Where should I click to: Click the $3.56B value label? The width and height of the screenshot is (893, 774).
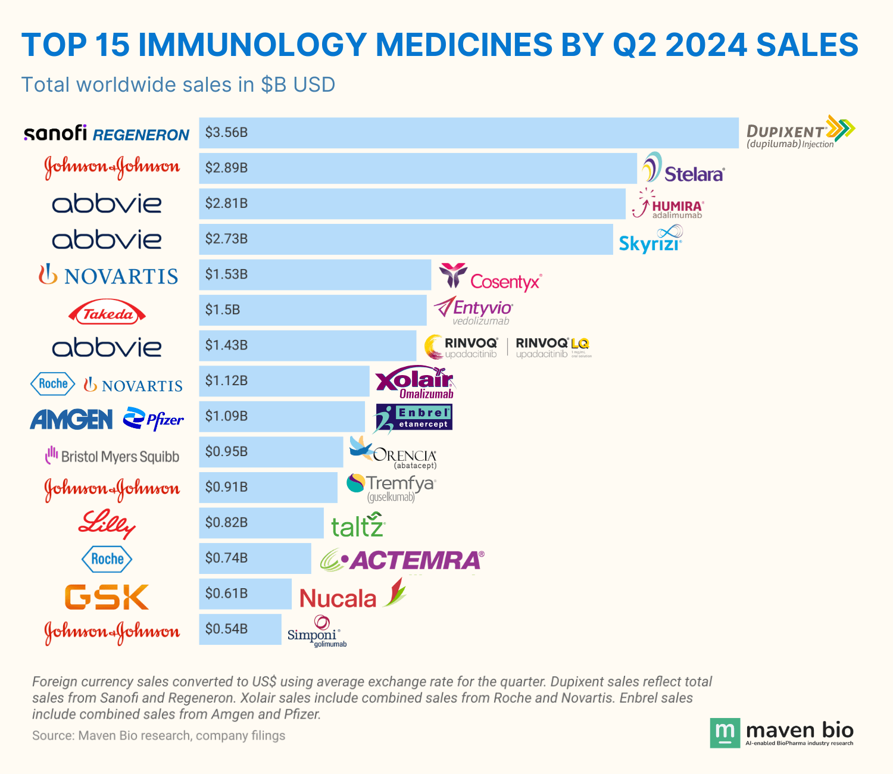[x=226, y=133]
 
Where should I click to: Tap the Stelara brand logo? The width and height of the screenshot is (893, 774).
[x=683, y=168]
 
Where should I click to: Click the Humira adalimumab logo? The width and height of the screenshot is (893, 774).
[x=668, y=204]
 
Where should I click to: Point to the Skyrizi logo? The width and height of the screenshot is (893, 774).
[x=651, y=240]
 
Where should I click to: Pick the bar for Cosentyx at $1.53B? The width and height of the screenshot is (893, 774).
[x=315, y=274]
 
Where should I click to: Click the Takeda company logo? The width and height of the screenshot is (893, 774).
[x=107, y=314]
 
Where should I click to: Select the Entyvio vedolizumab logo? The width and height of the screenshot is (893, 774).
[x=473, y=311]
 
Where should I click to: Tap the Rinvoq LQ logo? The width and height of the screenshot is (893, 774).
[x=553, y=347]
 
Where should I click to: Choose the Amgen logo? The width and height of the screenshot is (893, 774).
[x=71, y=420]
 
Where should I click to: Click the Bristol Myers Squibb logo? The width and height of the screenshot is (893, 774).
[x=112, y=456]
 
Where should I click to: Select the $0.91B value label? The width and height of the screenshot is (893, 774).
[x=226, y=487]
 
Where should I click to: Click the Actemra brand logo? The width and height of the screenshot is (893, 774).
[x=402, y=560]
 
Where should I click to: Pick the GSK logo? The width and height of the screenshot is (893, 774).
[x=107, y=597]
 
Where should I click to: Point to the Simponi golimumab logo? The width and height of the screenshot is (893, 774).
[x=316, y=632]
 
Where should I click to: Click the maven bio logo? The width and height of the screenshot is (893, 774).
[x=782, y=732]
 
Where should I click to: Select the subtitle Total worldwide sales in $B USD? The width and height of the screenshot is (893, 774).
[x=178, y=85]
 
